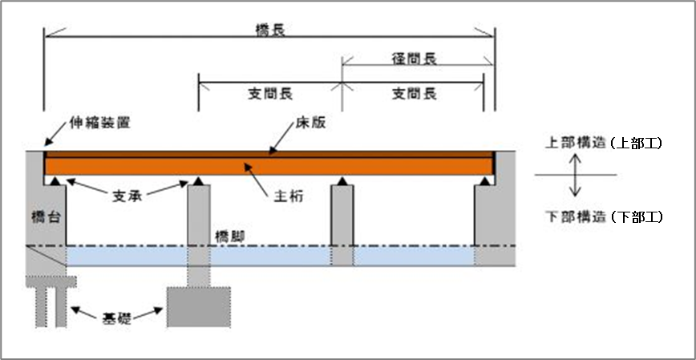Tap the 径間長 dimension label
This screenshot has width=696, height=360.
[414, 59]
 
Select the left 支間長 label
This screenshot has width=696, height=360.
[270, 94]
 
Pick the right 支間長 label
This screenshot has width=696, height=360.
[414, 94]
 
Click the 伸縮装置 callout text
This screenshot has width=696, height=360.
[100, 123]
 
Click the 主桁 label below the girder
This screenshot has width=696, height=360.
[289, 196]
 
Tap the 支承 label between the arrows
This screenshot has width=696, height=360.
[127, 196]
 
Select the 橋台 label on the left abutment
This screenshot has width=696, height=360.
[47, 217]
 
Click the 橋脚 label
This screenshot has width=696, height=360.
[229, 237]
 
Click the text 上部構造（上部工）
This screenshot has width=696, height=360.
[604, 144]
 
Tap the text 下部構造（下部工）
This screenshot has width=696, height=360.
[604, 217]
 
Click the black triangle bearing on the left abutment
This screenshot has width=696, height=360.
[55, 181]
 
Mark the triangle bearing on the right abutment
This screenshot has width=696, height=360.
[485, 181]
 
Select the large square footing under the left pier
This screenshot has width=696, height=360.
[199, 307]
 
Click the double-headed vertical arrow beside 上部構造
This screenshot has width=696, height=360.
[576, 175]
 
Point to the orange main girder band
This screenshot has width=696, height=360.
[269, 166]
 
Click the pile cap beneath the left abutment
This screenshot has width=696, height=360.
[51, 281]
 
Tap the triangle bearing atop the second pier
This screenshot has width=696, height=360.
[342, 181]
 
